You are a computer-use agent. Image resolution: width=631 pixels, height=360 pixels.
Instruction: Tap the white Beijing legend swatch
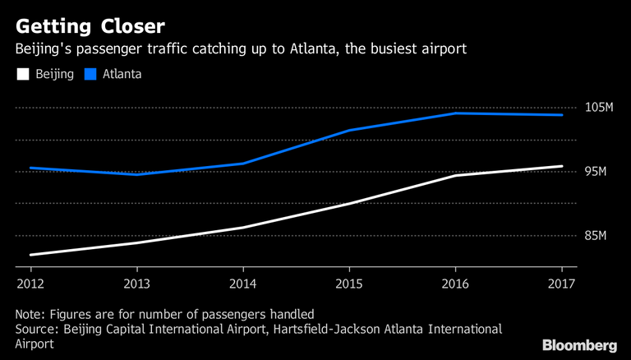pos(22,75)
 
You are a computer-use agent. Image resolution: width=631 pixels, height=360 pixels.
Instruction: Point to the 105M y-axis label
pos(600,108)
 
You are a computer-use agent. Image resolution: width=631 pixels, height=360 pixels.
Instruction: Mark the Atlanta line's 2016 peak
pos(456,113)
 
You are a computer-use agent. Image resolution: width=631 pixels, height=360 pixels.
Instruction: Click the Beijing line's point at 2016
pos(456,175)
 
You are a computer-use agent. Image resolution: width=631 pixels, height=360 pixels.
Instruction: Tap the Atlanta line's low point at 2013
pos(136,174)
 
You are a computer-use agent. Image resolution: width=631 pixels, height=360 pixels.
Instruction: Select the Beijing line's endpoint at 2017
pos(562,166)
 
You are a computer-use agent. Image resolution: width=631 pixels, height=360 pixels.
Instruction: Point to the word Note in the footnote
pos(29,314)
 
